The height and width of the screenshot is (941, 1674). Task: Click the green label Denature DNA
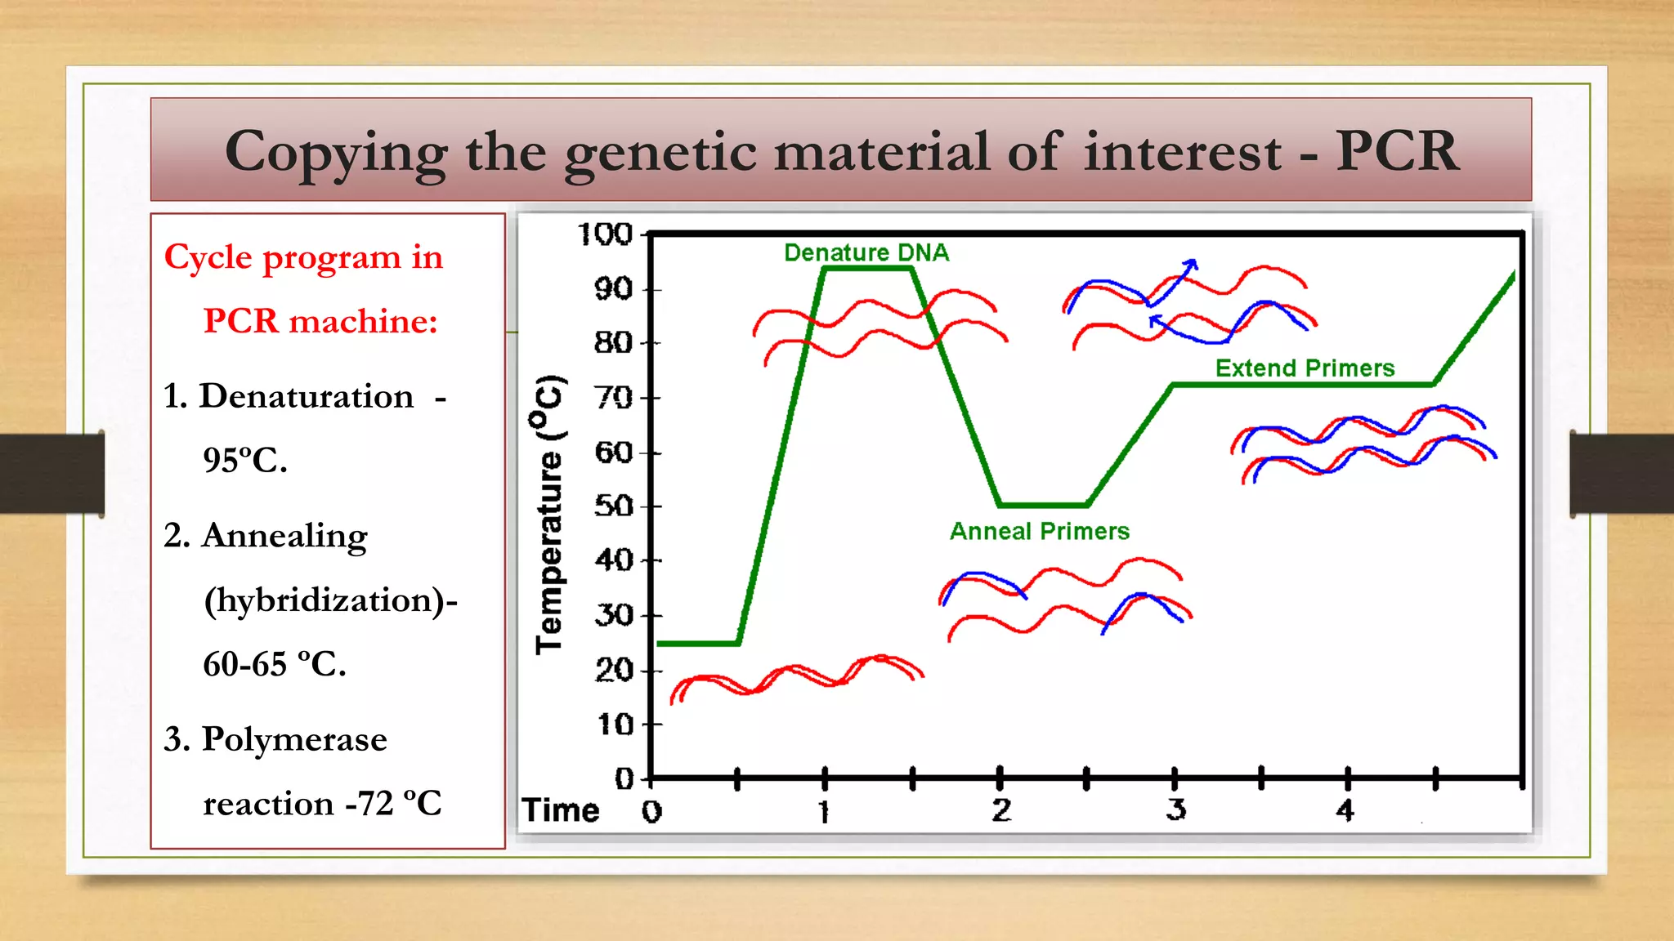pos(866,252)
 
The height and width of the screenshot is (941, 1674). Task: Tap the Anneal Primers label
pos(1039,532)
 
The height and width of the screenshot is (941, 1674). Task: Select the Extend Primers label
pos(1305,368)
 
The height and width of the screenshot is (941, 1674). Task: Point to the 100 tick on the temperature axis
pos(606,234)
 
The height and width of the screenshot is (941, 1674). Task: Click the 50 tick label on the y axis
pos(614,506)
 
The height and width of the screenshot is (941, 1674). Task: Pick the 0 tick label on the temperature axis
pos(624,778)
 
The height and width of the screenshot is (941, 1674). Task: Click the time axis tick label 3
pos(1175,810)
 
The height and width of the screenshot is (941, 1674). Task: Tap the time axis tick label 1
pos(824,812)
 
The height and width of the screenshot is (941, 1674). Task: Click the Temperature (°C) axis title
pos(549,515)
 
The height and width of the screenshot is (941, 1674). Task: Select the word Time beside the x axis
pos(561,810)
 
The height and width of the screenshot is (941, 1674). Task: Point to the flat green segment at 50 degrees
pos(1043,505)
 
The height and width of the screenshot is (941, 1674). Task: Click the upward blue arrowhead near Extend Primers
pos(1192,265)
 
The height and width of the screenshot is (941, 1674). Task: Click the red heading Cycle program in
pos(303,258)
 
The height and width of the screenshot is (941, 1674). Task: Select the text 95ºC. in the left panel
pos(245,460)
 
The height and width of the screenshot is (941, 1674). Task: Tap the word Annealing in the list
pos(284,537)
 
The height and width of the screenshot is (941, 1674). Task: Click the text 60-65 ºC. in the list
pos(275,664)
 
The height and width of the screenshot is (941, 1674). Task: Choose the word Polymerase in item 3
pos(294,739)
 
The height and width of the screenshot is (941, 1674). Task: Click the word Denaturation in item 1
pos(307,396)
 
